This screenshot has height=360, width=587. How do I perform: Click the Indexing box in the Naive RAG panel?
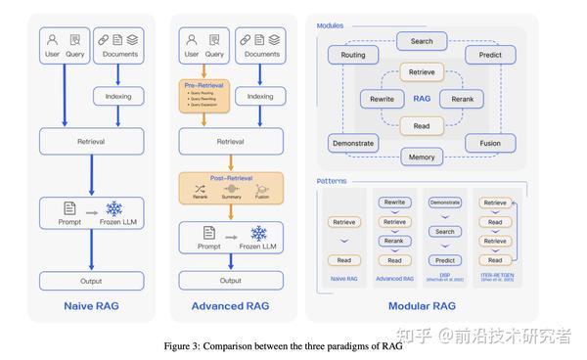[118, 97]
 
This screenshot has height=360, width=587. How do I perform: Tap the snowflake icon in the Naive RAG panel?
[114, 209]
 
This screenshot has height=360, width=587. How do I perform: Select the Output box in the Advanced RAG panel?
[231, 281]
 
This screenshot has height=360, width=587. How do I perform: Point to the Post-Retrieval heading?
[231, 179]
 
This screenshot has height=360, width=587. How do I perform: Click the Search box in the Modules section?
[422, 42]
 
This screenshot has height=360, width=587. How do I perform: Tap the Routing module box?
[353, 56]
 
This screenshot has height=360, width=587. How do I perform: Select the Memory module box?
[422, 157]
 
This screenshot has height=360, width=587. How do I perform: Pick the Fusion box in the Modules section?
[490, 142]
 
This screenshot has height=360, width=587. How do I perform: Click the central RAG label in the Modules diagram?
[422, 98]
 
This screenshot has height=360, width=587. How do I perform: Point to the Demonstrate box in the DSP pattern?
[445, 202]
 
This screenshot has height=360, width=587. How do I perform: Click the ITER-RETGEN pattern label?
[496, 277]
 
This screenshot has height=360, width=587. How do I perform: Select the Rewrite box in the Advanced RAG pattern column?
[394, 202]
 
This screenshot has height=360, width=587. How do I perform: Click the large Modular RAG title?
[421, 306]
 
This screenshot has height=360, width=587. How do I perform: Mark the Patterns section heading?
[332, 181]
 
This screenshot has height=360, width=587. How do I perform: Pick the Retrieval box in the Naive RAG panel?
[91, 141]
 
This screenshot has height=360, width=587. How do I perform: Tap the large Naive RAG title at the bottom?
[91, 306]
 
